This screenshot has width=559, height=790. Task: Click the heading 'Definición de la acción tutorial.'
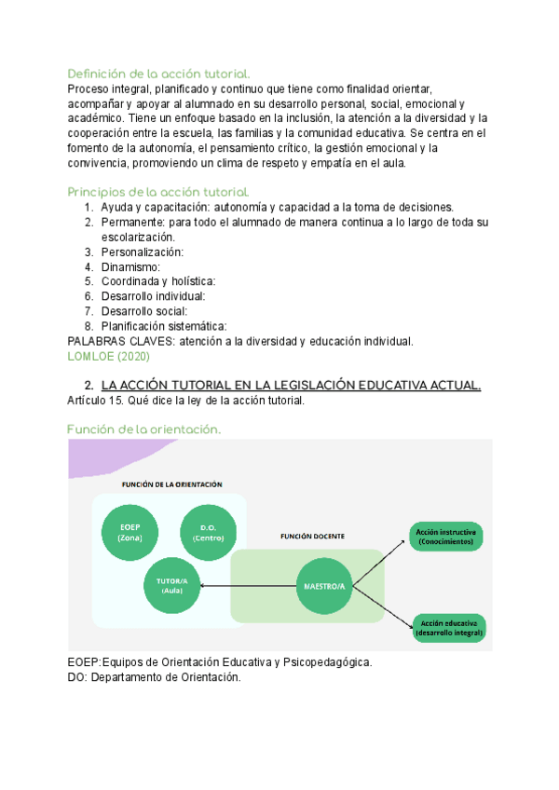[x=158, y=74]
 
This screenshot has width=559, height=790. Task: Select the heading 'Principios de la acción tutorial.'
[x=158, y=192]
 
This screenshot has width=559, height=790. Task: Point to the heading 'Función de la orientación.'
[x=143, y=429]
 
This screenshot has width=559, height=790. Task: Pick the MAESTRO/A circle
[x=324, y=585]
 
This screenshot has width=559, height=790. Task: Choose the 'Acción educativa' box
[x=449, y=626]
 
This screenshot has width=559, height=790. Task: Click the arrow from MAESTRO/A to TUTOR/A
[x=247, y=586]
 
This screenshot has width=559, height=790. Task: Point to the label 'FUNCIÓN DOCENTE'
[x=312, y=537]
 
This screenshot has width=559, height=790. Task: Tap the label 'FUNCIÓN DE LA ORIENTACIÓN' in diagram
[x=171, y=484]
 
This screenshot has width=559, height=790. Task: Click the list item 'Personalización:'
[x=143, y=252]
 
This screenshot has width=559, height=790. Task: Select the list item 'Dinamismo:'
[x=131, y=267]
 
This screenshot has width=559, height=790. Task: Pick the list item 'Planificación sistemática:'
[x=164, y=326]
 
